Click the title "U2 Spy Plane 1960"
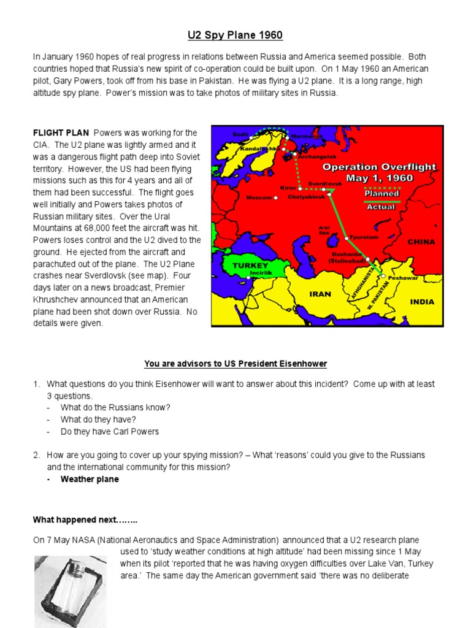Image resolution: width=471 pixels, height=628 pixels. click(235, 35)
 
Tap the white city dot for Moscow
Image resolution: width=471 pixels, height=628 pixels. click(276, 198)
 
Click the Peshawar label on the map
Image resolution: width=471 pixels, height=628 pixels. click(403, 277)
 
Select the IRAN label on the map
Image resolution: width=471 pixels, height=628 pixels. click(320, 294)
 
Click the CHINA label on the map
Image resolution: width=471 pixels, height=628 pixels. click(421, 242)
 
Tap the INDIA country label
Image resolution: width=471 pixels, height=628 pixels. click(422, 302)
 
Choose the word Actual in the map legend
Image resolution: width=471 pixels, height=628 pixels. click(381, 207)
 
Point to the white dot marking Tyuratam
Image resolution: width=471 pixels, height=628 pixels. click(347, 238)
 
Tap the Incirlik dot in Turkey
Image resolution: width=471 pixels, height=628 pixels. click(248, 278)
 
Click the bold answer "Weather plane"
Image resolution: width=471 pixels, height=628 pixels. click(90, 479)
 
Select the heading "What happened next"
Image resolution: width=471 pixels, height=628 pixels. click(85, 520)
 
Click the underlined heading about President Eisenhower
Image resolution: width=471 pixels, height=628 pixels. click(235, 364)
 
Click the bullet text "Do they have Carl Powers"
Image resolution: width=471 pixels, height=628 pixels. click(109, 431)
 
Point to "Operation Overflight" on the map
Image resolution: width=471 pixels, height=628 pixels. click(379, 166)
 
